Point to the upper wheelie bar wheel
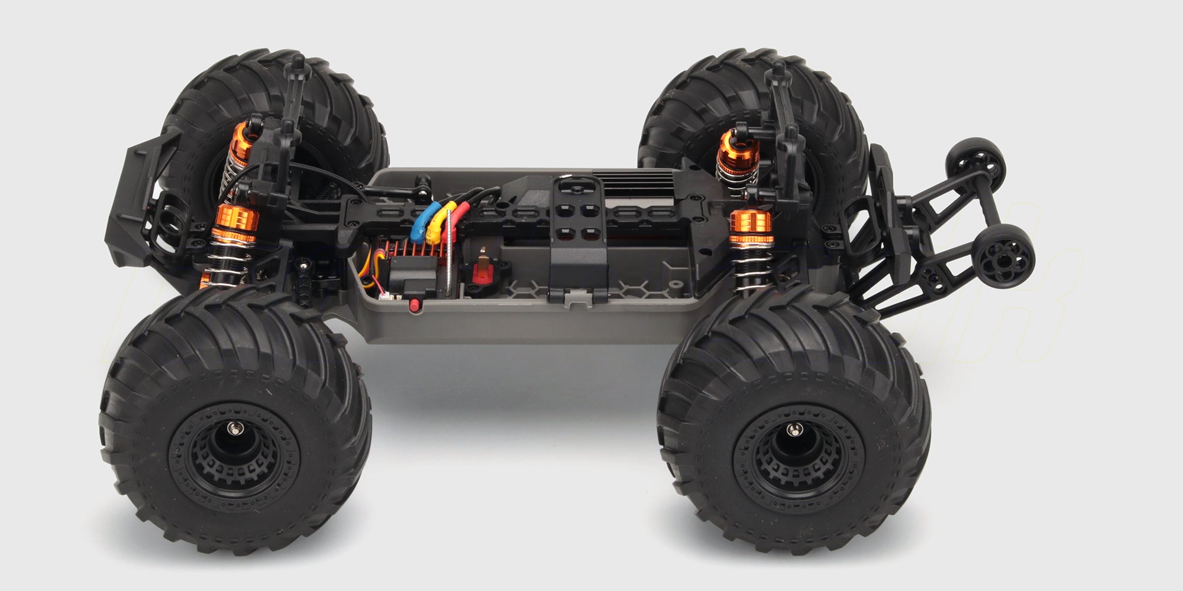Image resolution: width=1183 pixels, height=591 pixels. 977,157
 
